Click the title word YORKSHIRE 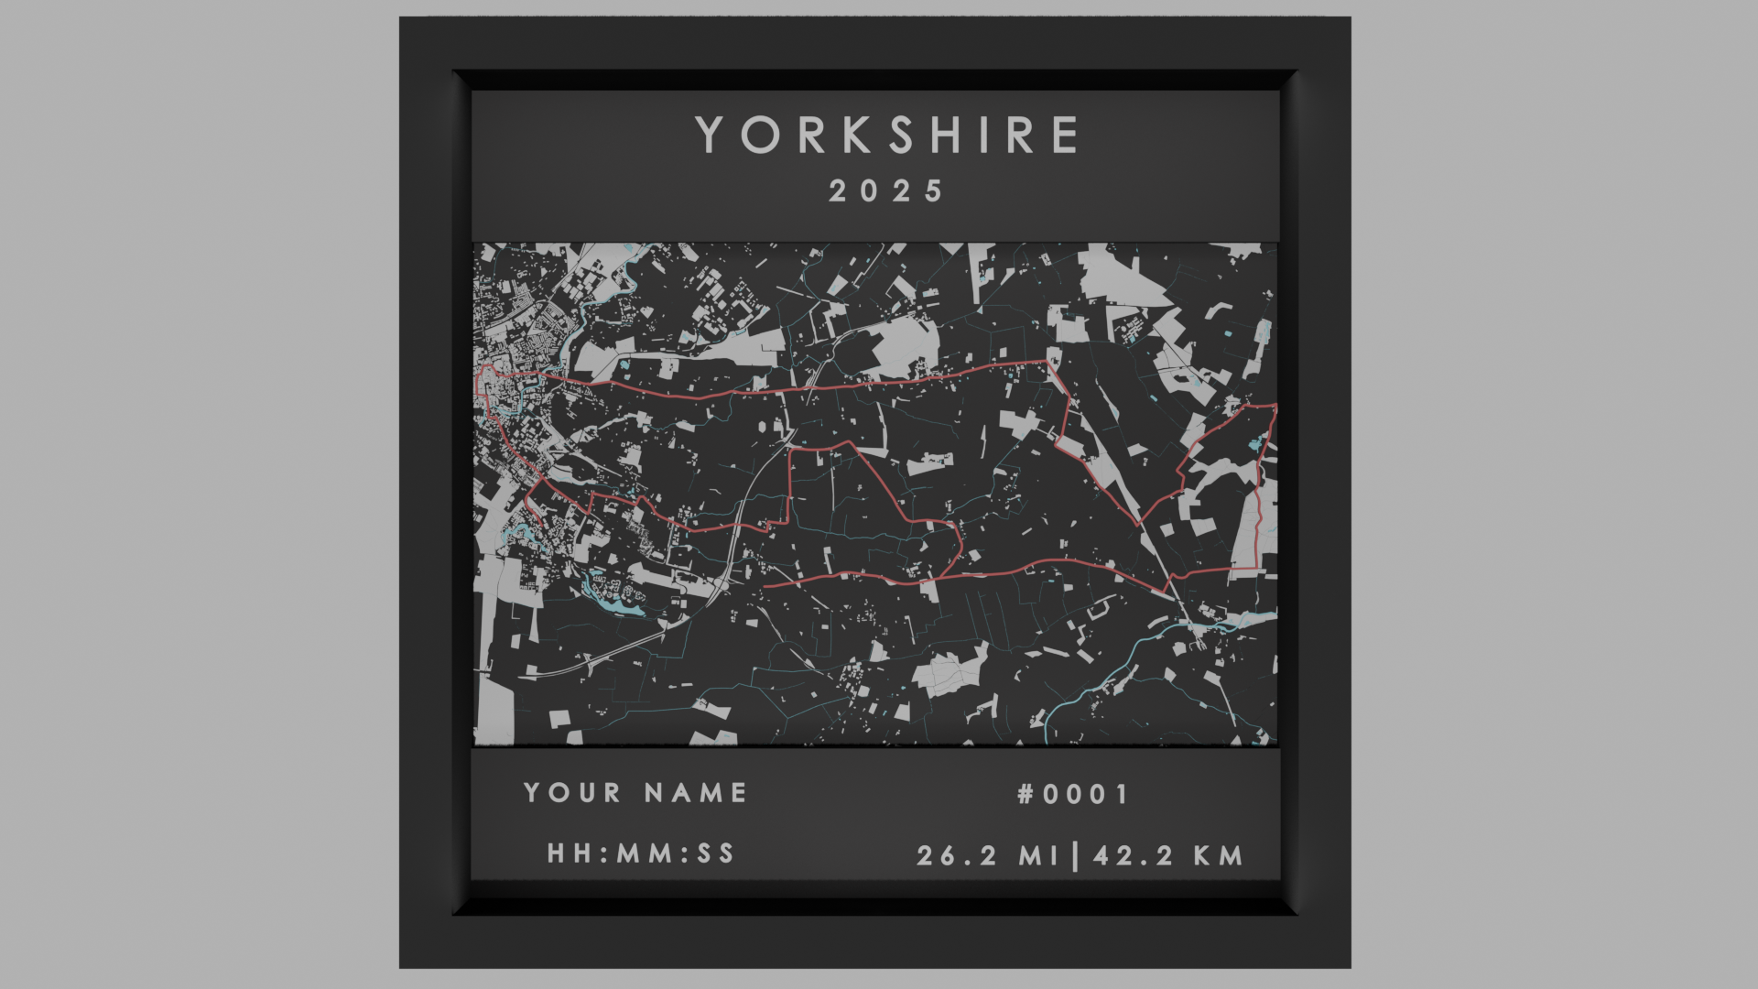click(x=886, y=136)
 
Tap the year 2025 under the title click(x=886, y=191)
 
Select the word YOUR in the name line click(x=572, y=793)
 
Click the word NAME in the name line click(x=696, y=793)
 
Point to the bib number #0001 click(x=1073, y=794)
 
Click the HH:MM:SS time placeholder click(x=641, y=853)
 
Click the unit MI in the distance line click(x=1039, y=856)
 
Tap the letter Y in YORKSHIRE click(x=712, y=136)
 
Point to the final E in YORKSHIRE click(x=1065, y=136)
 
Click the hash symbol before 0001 click(x=1025, y=794)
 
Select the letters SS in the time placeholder click(x=715, y=853)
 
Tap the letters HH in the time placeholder click(x=568, y=853)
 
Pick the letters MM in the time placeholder click(x=641, y=853)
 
